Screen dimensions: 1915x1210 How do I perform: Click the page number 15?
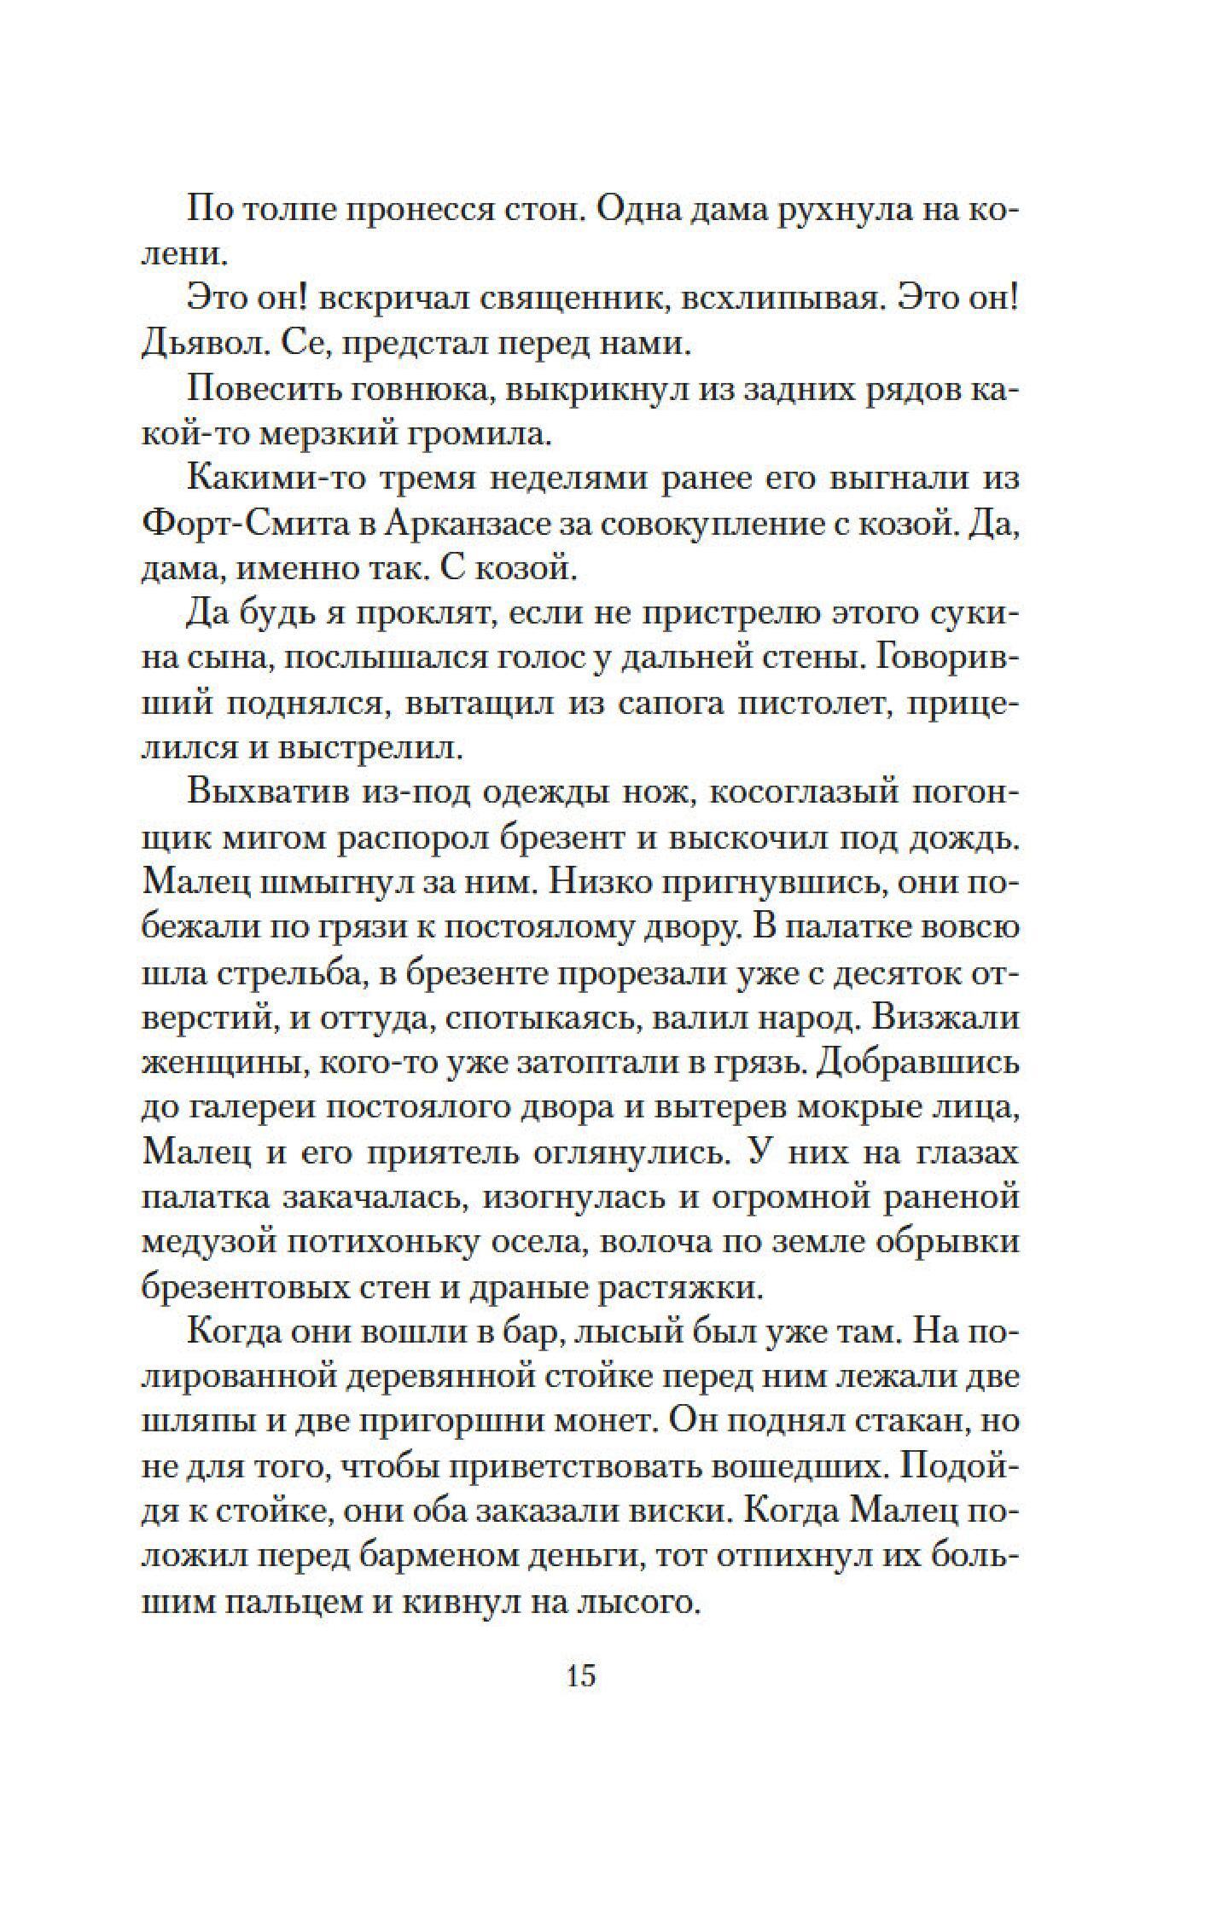click(x=580, y=1675)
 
